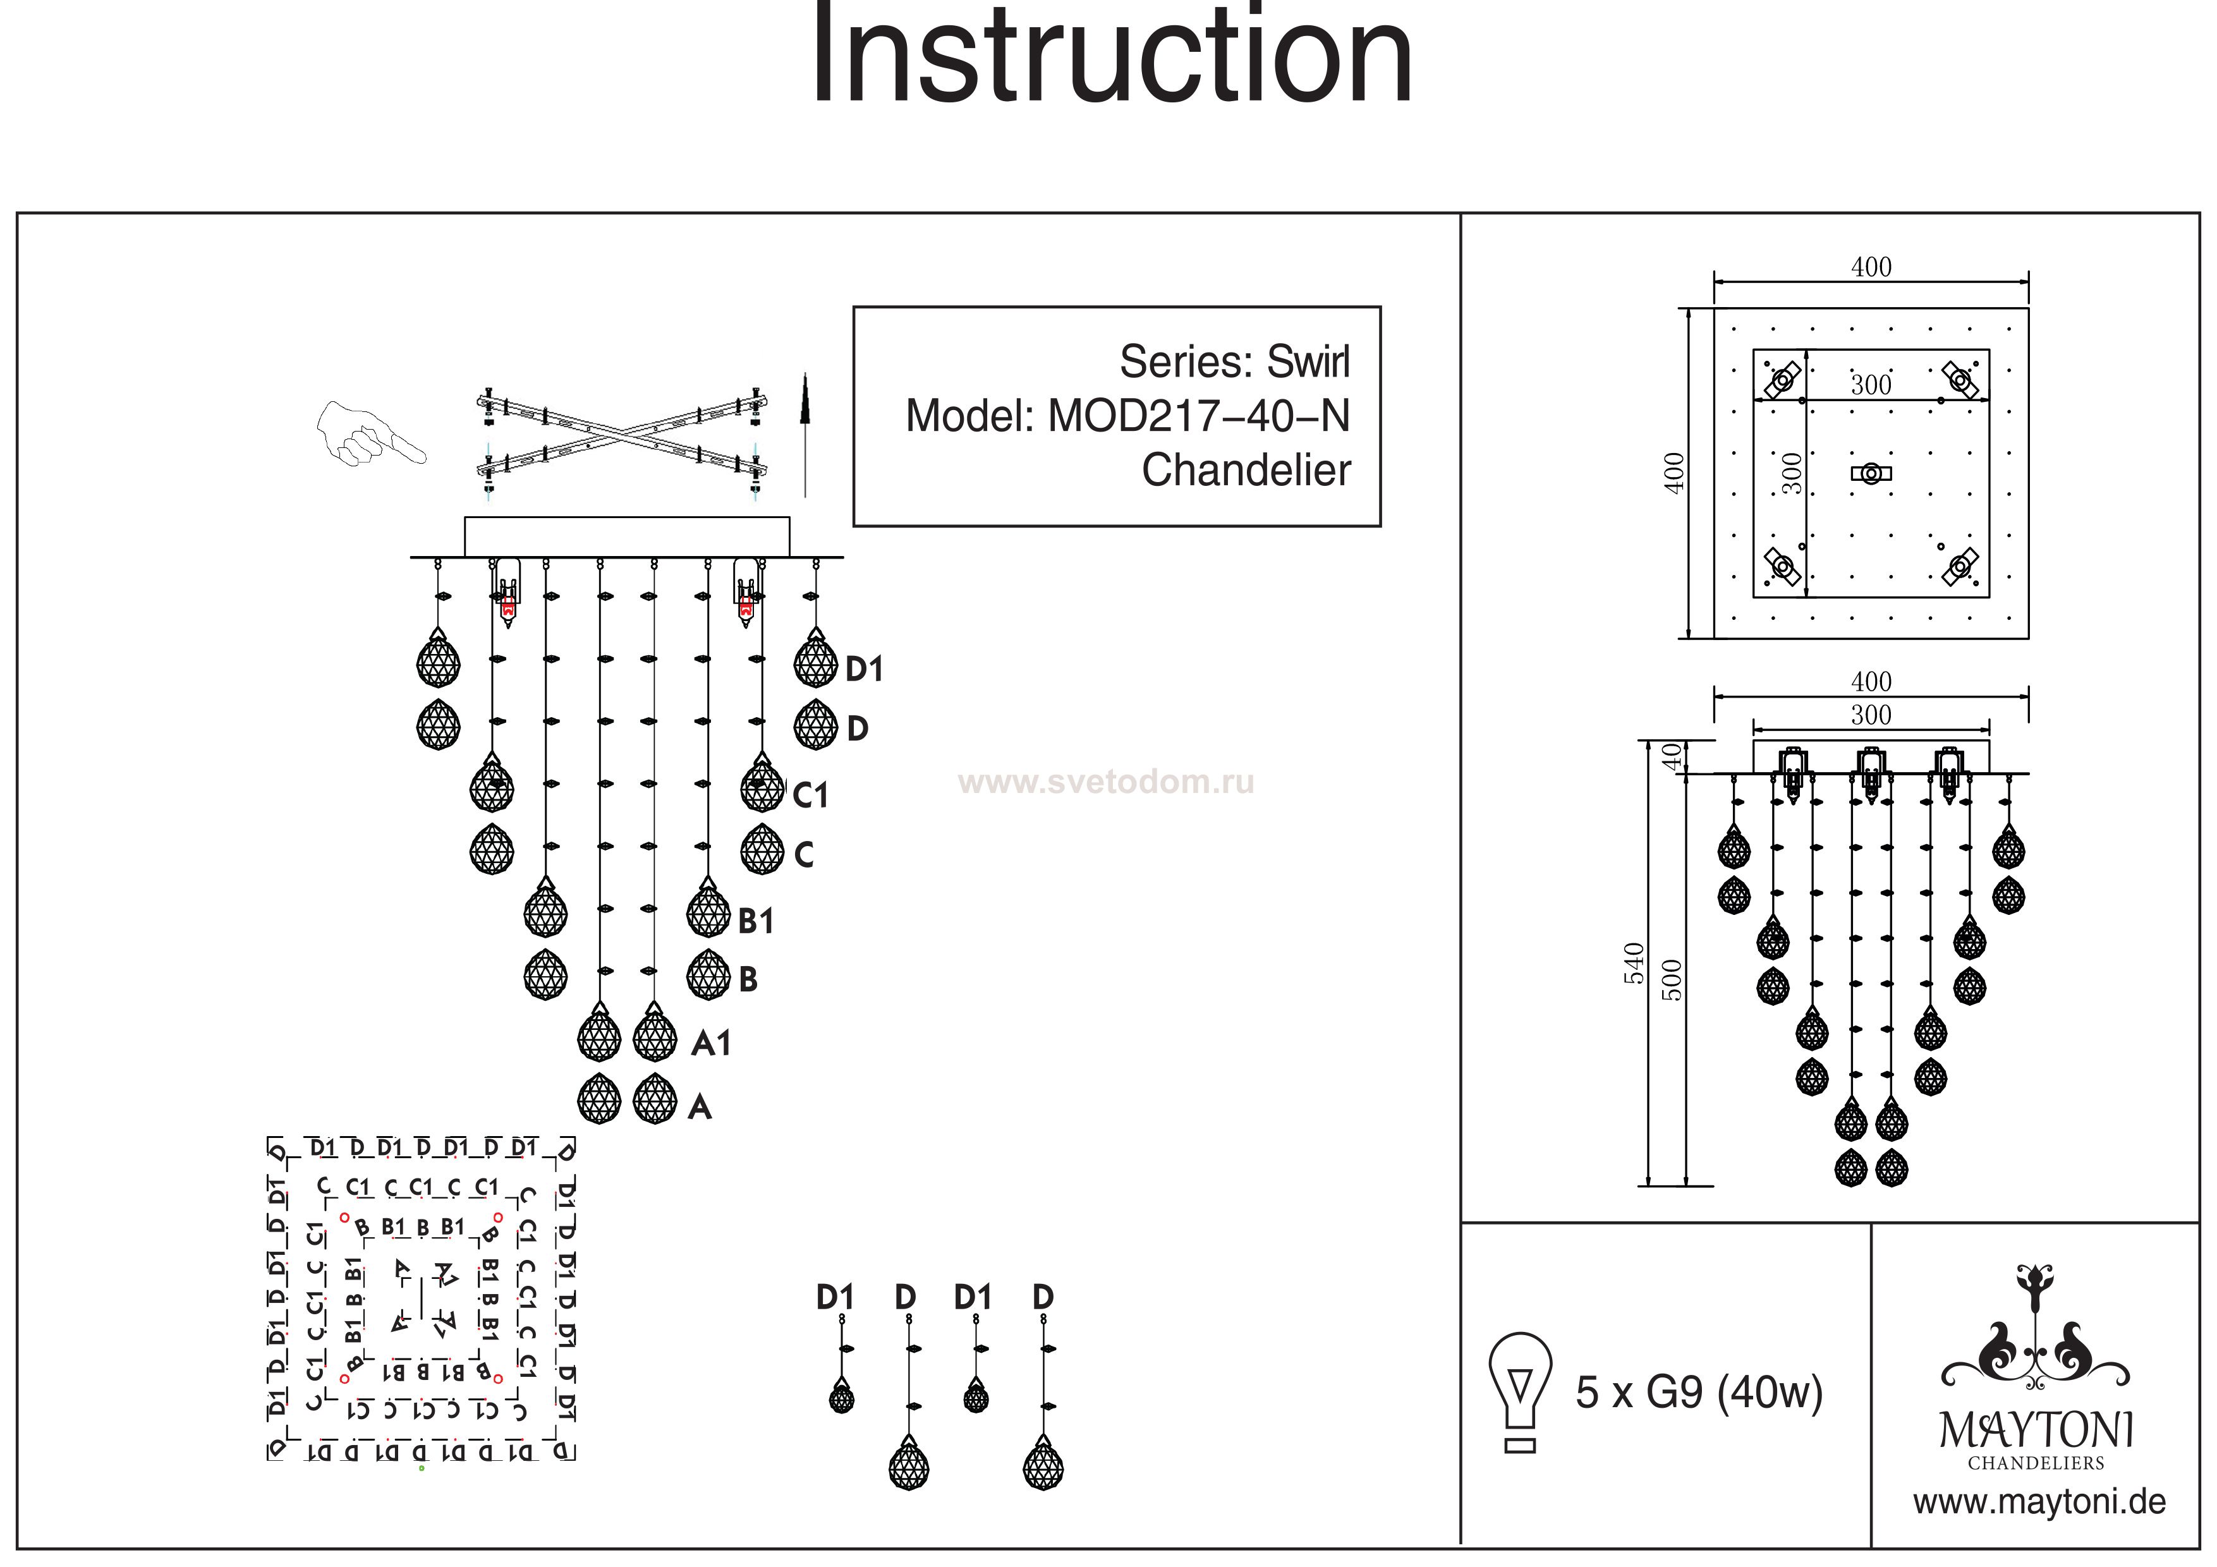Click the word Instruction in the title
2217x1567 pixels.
(1110, 58)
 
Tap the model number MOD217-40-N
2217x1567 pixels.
(1198, 416)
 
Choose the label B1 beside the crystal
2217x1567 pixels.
(755, 921)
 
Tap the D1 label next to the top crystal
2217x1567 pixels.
(864, 669)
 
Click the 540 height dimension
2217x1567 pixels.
(1634, 962)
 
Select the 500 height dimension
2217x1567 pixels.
(1673, 980)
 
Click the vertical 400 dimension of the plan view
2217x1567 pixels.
(1674, 473)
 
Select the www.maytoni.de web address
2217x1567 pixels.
(2039, 1503)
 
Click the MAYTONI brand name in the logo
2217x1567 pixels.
(2036, 1431)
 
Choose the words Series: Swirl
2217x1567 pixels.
(1234, 362)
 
